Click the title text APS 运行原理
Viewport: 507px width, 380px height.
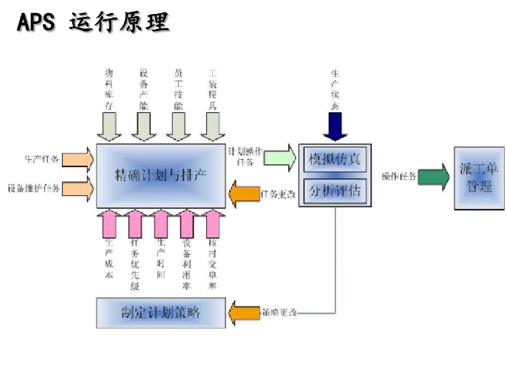[x=93, y=22]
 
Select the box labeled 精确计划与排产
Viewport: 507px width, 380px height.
[x=161, y=175]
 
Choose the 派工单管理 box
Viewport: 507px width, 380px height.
[x=479, y=178]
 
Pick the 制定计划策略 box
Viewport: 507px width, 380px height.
[x=161, y=312]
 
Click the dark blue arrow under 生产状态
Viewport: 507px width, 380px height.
[x=335, y=127]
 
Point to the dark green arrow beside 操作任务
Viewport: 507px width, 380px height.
[x=433, y=177]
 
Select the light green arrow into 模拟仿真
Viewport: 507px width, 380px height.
[x=280, y=158]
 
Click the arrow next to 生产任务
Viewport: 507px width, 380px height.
[x=78, y=159]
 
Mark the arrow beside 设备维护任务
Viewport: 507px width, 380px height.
[x=78, y=189]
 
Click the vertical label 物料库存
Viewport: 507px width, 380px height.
[x=109, y=89]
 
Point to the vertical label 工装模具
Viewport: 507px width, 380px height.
[x=212, y=89]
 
